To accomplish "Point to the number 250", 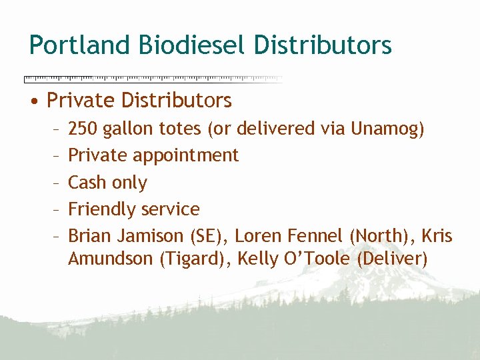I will [83, 128].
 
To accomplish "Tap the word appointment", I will [185, 156].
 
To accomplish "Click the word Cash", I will [88, 182].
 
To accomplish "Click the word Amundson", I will [111, 258].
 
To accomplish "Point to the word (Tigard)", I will [194, 258].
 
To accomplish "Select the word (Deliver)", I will [392, 258].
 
